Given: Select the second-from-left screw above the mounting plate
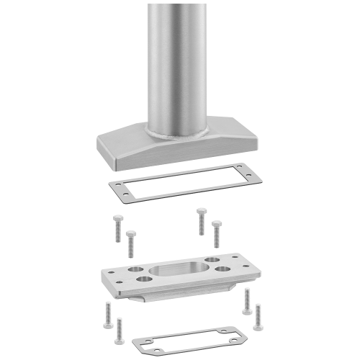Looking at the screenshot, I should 130,243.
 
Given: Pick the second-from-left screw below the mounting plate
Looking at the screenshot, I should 120,325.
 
